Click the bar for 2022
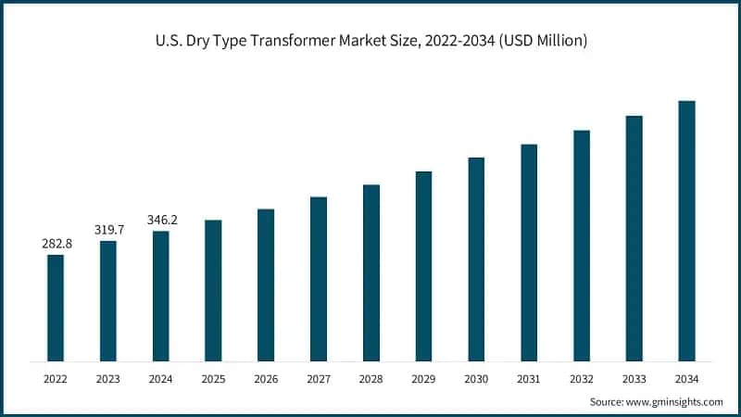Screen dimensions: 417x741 click(x=56, y=307)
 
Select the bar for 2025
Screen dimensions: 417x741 click(x=213, y=290)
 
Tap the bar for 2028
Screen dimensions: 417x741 click(x=370, y=272)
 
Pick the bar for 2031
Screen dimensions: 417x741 click(x=529, y=252)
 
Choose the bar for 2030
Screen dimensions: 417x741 click(x=476, y=259)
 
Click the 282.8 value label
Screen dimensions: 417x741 click(x=57, y=243)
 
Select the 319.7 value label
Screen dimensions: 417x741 click(x=108, y=229)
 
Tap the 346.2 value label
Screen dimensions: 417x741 click(x=161, y=220)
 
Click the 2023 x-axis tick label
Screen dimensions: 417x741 click(x=108, y=379)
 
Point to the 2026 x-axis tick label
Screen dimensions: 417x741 click(x=266, y=379)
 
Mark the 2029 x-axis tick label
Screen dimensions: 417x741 click(x=423, y=379)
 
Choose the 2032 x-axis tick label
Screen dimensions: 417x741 click(x=582, y=379)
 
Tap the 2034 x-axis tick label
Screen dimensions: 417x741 click(x=686, y=379)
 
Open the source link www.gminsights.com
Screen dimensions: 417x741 click(x=673, y=401)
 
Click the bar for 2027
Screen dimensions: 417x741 click(x=319, y=278)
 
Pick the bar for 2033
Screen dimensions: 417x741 click(x=634, y=238)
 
